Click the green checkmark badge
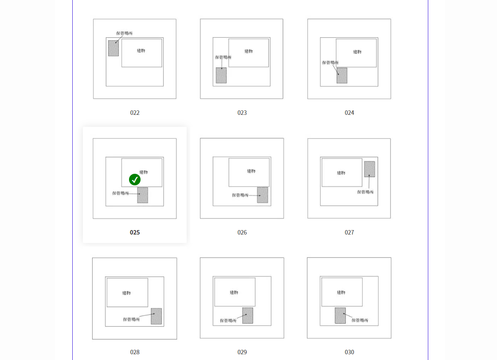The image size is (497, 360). point(135,180)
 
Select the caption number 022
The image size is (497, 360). point(135,113)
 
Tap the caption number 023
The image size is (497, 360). point(242,113)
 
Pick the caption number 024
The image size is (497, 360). point(349,113)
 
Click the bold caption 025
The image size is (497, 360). point(135,232)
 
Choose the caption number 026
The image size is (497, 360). point(242,232)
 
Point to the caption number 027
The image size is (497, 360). point(349,232)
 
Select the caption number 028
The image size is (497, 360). point(135,352)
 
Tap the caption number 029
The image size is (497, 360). point(242,352)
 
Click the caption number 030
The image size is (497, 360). point(349,352)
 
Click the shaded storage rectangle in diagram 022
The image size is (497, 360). point(113,48)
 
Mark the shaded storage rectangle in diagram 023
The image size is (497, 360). point(221,75)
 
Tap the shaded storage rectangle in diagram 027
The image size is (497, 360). point(370,169)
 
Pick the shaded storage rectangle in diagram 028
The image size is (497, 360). point(156,316)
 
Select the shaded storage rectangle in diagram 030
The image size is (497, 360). point(340,316)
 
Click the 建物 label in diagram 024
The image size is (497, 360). point(357,52)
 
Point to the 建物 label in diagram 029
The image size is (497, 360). point(234,293)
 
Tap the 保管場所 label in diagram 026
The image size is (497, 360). point(240,195)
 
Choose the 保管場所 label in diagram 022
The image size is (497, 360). point(124,33)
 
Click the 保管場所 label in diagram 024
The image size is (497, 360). point(330,63)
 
